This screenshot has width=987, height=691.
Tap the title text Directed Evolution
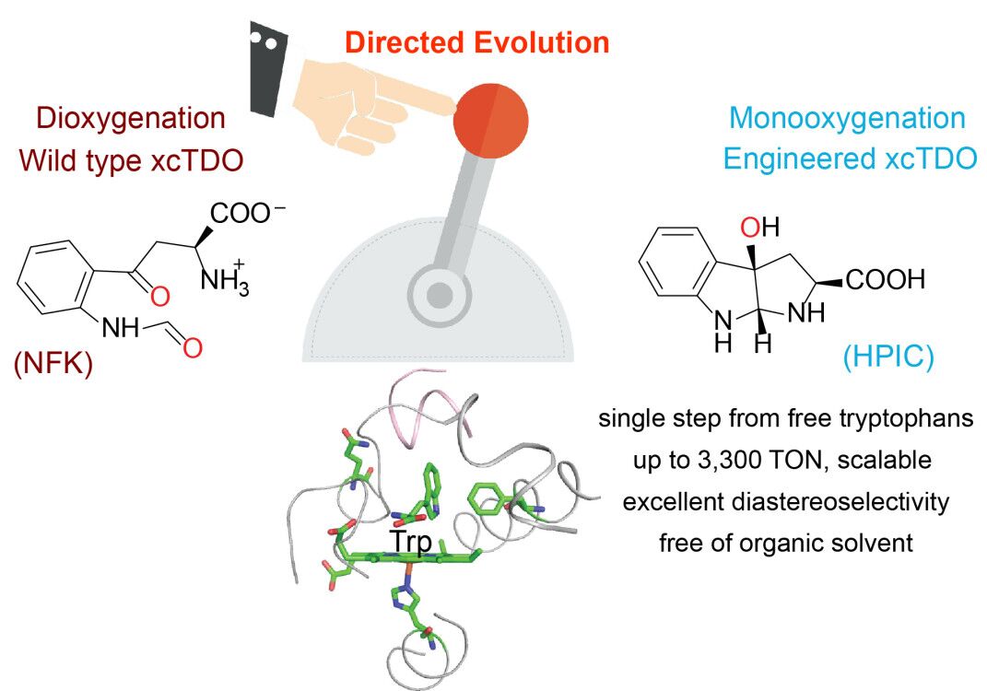[478, 42]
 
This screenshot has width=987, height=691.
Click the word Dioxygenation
[130, 118]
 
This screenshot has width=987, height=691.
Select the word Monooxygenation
[847, 118]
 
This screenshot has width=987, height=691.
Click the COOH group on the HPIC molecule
[885, 280]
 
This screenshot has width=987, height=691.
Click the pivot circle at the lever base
[440, 295]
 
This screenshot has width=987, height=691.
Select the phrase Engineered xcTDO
[849, 158]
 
